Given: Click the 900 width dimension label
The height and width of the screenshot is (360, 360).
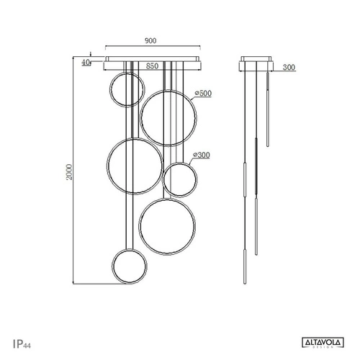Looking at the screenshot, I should pyautogui.click(x=150, y=41).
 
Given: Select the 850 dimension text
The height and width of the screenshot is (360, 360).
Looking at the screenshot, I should pyautogui.click(x=152, y=66).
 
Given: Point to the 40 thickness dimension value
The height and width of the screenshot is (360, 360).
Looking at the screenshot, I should pyautogui.click(x=86, y=63).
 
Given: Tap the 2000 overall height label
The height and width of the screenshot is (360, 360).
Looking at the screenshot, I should pyautogui.click(x=68, y=174).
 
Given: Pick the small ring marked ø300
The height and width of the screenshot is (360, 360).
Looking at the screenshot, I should pyautogui.click(x=179, y=179).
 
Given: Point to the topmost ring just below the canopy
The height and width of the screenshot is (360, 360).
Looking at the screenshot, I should pyautogui.click(x=127, y=91).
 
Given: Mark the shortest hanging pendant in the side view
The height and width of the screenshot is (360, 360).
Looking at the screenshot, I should pyautogui.click(x=268, y=108).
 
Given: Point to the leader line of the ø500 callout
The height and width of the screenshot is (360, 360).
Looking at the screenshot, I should pyautogui.click(x=190, y=99).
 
